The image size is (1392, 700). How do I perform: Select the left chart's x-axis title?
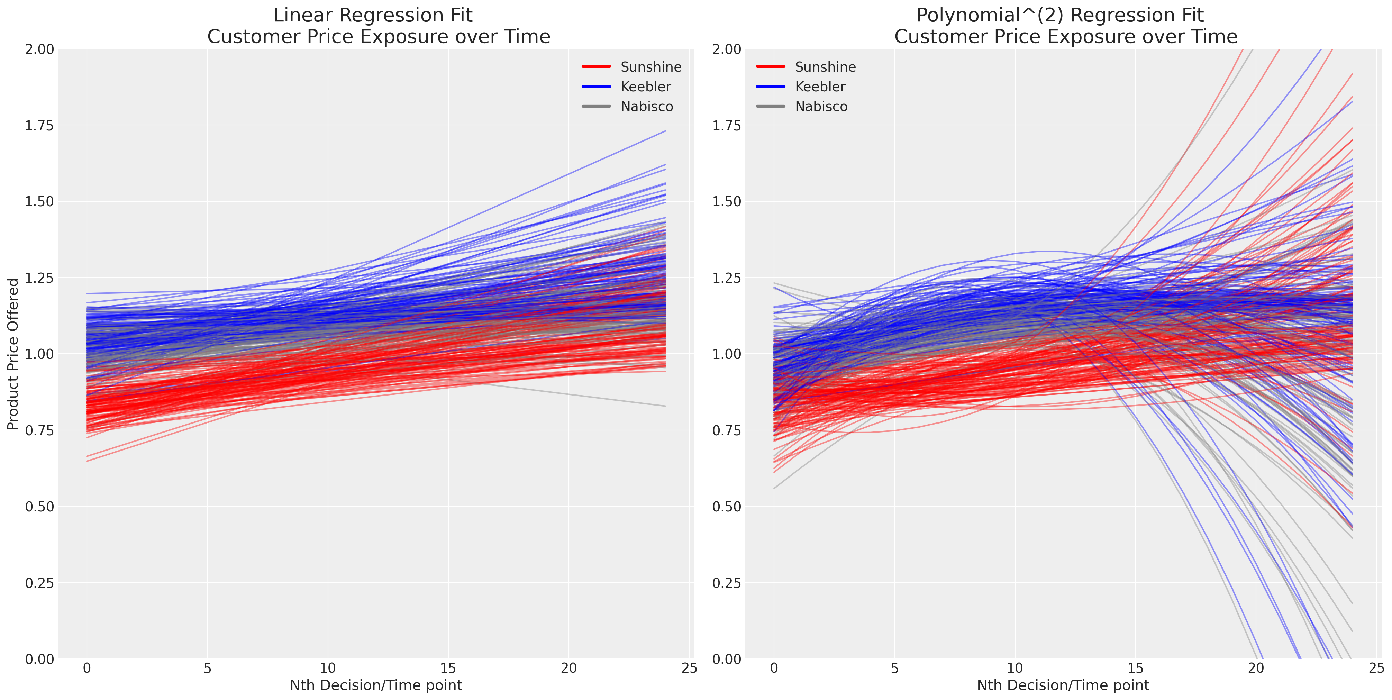coord(375,685)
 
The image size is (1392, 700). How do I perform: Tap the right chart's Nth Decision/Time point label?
coord(1063,685)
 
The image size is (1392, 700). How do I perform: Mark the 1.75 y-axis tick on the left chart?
coord(39,125)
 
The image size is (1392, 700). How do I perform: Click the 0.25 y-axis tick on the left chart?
coord(39,583)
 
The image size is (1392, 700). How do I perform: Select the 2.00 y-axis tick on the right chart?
coord(727,49)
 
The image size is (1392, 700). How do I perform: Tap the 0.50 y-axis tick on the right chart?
coord(727,507)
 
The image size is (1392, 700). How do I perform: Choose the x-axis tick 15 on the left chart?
coord(448,668)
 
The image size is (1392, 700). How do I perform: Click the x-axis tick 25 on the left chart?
coord(689,668)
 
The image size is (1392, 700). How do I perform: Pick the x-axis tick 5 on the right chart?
coord(894,668)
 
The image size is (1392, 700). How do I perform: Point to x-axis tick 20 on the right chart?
coord(1256,668)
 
